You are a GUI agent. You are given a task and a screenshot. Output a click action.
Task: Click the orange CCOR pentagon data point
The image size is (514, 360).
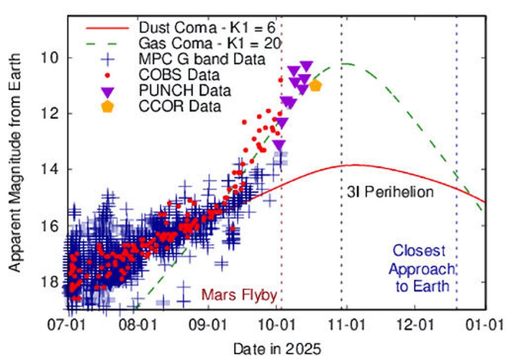[x=315, y=86]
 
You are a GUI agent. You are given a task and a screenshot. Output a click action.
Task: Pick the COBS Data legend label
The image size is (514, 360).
[x=179, y=75]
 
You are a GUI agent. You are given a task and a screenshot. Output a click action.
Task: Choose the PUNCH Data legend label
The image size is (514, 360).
[x=185, y=90]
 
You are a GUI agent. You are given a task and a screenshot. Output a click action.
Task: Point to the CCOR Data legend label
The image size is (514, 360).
[x=180, y=106]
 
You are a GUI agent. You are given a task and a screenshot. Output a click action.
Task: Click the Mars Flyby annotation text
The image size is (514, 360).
[x=239, y=295]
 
